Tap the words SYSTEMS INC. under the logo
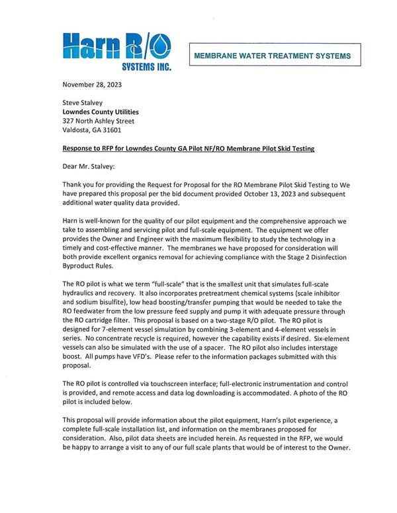pyautogui.click(x=145, y=67)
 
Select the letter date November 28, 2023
pyautogui.click(x=92, y=85)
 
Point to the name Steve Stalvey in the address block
pyautogui.click(x=85, y=102)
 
